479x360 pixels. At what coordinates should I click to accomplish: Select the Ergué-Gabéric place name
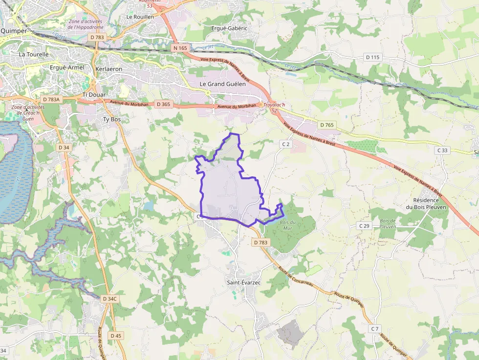coord(229,28)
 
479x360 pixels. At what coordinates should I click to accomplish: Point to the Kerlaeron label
coord(109,69)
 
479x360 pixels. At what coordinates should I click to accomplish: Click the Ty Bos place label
coord(111,119)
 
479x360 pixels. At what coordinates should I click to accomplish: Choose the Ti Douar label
coord(94,94)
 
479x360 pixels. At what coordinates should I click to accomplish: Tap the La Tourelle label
coord(34,55)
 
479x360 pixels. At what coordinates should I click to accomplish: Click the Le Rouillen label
coord(140,17)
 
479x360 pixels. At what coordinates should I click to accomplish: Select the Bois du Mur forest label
coord(288,225)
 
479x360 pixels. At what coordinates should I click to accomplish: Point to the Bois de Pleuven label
coord(387,224)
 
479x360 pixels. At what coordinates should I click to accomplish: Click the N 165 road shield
coord(180,48)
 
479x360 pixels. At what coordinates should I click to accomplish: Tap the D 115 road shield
coord(372,57)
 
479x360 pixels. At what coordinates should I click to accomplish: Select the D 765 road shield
coord(327,125)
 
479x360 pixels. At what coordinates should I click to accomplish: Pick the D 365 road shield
coord(163,104)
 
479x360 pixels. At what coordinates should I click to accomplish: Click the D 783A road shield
coord(51,100)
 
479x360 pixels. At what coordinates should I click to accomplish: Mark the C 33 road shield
coord(443,150)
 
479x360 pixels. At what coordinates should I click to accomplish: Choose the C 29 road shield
coord(364,226)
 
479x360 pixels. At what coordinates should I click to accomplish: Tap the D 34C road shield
coord(110,298)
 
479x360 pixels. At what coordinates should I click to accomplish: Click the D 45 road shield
coord(116,336)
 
